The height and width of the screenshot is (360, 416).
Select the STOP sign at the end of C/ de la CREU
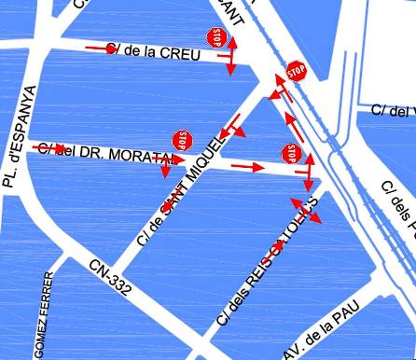coord(218,37)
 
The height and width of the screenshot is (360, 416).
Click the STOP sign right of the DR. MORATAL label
coord(182,140)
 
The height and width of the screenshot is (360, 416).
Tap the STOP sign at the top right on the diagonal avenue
coord(297,71)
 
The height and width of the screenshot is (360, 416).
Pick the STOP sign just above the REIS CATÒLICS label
coord(292,153)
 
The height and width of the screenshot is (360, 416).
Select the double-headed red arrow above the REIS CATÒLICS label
coord(305,209)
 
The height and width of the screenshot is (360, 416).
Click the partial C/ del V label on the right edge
coord(392,111)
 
